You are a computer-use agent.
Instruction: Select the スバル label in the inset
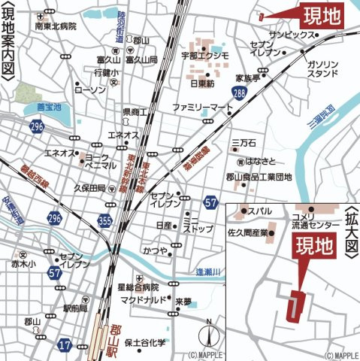[260, 211]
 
